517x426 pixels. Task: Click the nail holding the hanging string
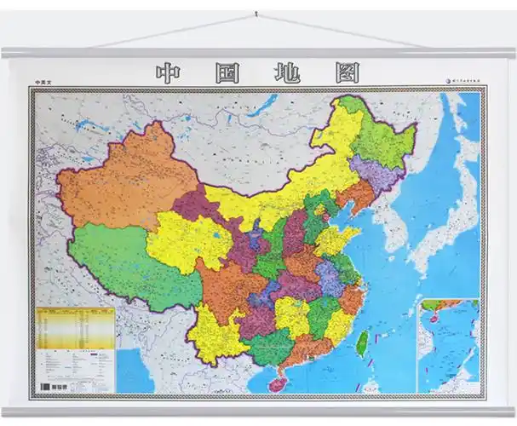[256, 14]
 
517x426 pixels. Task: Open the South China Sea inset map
[448, 344]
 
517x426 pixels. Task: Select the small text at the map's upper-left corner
[43, 83]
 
